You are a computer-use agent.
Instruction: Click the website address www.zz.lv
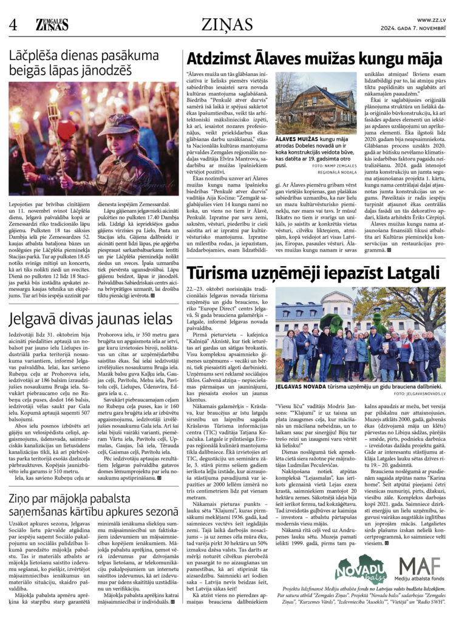click(x=433, y=20)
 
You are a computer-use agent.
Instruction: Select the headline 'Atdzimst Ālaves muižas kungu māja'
click(x=315, y=60)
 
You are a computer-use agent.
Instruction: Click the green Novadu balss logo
click(x=361, y=571)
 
